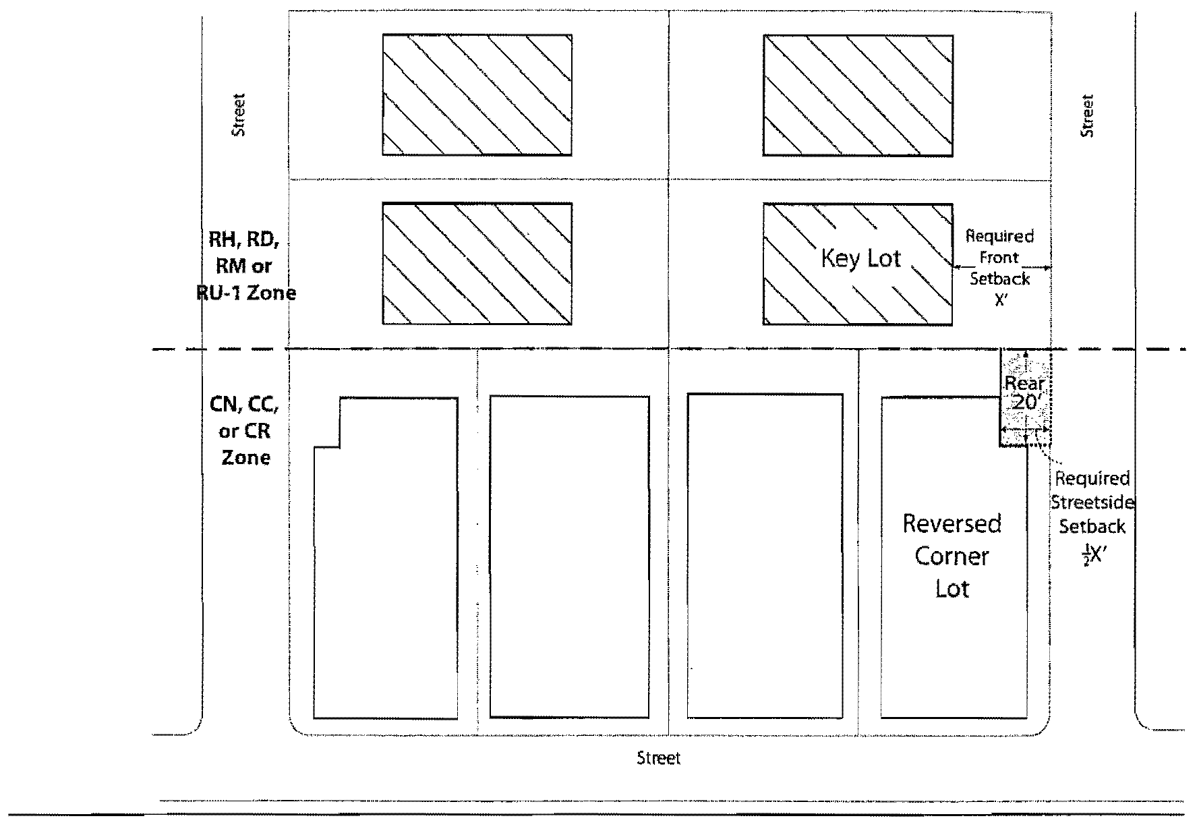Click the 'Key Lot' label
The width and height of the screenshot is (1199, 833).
(860, 258)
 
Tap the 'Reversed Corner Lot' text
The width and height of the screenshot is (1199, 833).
(952, 556)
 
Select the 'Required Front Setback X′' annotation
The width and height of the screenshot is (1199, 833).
(999, 268)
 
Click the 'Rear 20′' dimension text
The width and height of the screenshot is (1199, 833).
(1024, 393)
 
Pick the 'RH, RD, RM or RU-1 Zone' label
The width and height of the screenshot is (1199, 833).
(245, 266)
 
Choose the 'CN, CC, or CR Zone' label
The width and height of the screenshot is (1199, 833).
(244, 430)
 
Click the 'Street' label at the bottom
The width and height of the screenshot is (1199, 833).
(659, 759)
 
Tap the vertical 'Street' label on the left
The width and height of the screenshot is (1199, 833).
(239, 115)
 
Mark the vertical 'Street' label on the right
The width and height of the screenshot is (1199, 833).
(1087, 116)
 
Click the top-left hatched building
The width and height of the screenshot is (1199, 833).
(477, 94)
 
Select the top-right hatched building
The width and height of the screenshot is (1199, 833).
(858, 95)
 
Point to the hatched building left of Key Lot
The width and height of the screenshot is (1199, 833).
(477, 263)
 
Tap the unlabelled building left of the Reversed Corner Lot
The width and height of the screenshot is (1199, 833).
(765, 556)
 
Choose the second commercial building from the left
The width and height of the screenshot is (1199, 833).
(569, 556)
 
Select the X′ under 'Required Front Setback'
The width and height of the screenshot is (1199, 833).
(1001, 301)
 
